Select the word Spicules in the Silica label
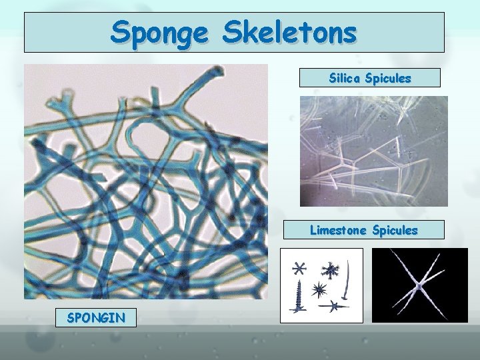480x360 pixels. point(388,78)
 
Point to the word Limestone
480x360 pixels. point(339,230)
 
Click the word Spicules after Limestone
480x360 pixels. point(395,230)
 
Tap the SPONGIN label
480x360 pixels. point(96,317)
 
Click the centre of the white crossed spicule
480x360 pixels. point(418,285)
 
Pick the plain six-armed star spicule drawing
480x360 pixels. point(299,269)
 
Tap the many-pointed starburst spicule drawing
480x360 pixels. point(319,289)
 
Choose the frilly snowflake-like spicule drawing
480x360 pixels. point(330,269)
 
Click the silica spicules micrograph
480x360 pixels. point(373,151)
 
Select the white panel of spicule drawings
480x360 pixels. point(321,285)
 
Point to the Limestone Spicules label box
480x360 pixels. point(363,230)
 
